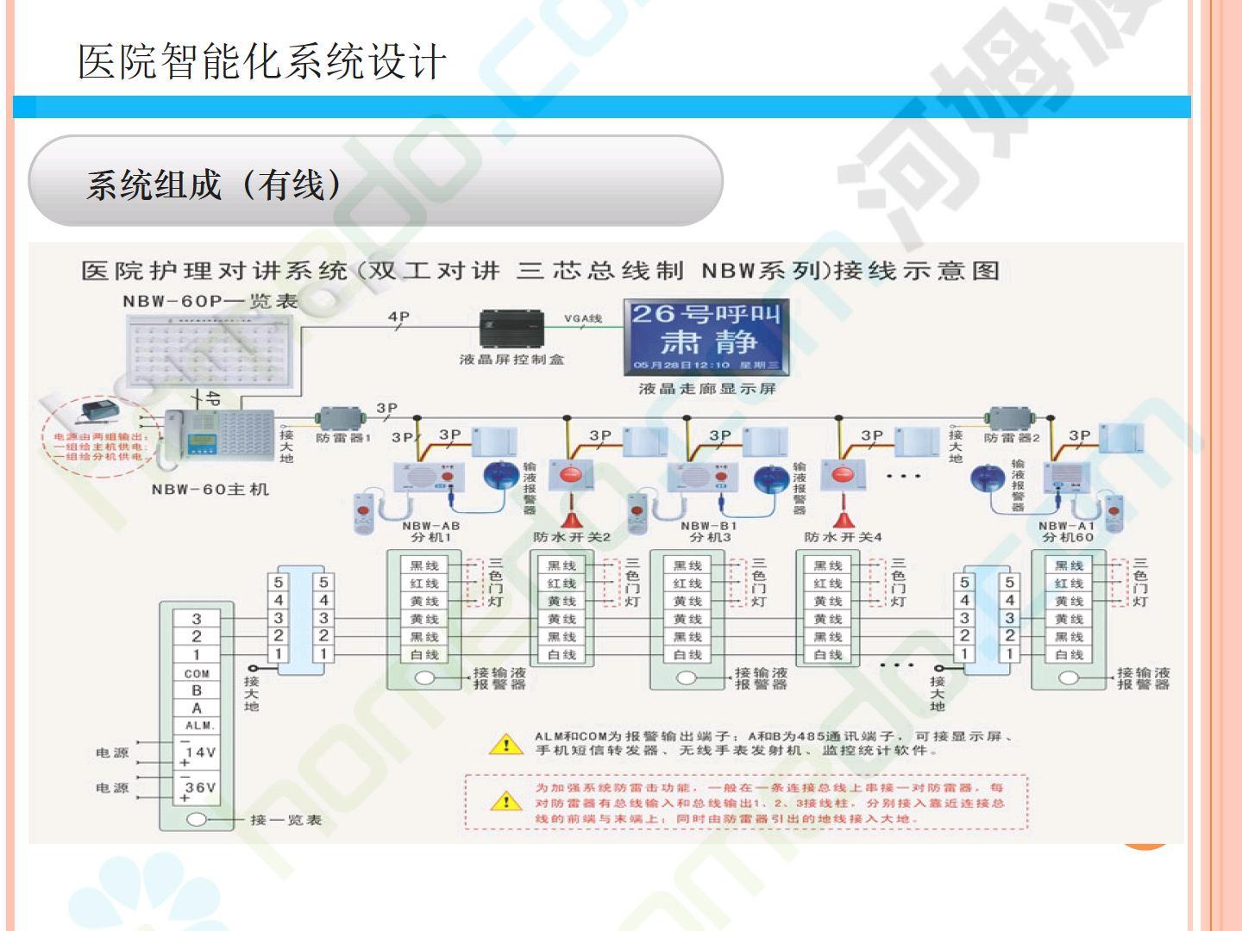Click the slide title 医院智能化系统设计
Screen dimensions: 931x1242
pos(262,62)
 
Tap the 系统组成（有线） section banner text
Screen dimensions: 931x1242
pos(214,184)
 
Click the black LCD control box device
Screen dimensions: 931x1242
pos(512,329)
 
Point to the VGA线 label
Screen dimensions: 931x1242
pos(583,319)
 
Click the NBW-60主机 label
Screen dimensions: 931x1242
pos(210,490)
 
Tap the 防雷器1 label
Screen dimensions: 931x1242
pos(343,438)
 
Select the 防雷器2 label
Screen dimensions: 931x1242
pos(1013,438)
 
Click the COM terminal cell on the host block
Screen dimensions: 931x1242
pos(197,673)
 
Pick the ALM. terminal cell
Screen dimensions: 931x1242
pos(198,726)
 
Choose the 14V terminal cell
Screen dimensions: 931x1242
pos(198,753)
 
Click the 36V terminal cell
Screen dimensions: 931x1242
pos(198,788)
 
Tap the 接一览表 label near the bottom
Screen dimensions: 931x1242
pos(285,820)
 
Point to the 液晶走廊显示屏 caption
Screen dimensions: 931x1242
pos(707,389)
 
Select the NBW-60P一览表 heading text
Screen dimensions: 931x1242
pos(210,302)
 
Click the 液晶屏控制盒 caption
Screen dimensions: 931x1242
pos(512,359)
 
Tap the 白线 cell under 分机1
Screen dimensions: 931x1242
pos(424,655)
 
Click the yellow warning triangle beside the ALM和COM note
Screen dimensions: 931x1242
pos(506,744)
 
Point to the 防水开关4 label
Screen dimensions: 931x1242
pos(844,537)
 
